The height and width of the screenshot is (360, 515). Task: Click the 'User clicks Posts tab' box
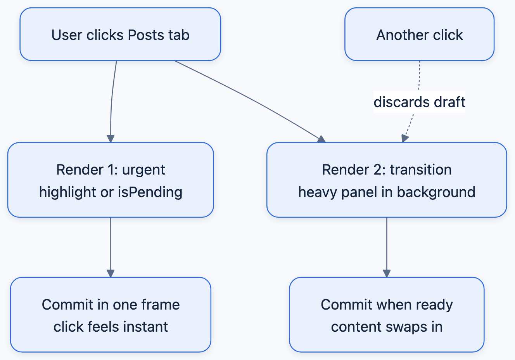coord(120,34)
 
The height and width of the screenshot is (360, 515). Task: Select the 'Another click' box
coord(419,34)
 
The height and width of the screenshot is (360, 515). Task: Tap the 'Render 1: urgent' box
coord(111,180)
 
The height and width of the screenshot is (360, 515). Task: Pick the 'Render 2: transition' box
coord(387,180)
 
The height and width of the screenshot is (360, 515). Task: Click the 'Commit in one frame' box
coord(111,315)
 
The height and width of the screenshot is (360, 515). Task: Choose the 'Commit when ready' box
coord(387,315)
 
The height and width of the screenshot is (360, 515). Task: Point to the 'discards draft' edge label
coord(419,102)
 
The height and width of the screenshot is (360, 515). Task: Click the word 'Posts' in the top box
coord(146,35)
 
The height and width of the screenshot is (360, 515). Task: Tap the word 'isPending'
coord(150,192)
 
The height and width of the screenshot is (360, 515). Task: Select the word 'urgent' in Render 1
coord(143,170)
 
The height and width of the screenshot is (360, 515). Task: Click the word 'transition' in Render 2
coord(421,170)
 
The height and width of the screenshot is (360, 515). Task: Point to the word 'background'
coord(436,192)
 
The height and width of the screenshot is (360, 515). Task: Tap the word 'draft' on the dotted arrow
coord(449,102)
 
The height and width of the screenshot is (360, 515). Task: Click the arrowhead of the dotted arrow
coord(404,138)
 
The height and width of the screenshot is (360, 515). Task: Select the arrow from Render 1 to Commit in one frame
coord(111,247)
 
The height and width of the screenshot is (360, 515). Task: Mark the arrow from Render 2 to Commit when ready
coord(387,247)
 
